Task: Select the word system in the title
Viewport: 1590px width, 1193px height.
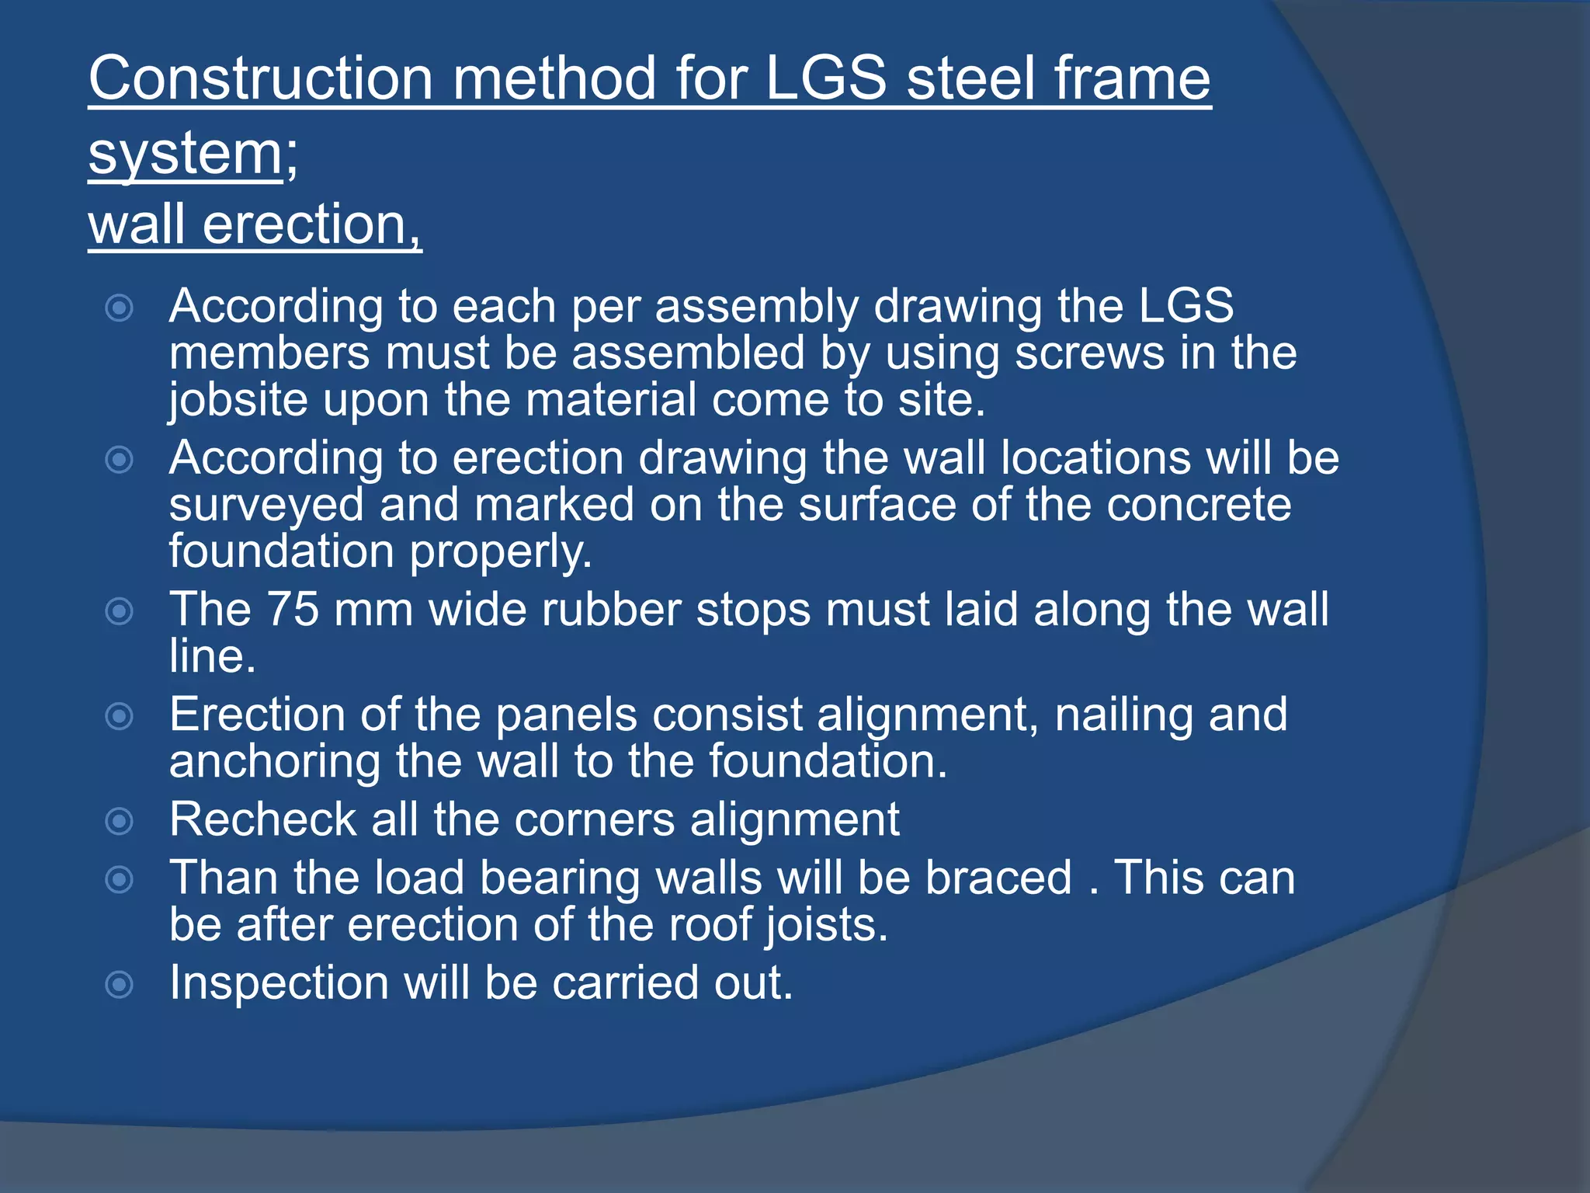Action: [186, 153]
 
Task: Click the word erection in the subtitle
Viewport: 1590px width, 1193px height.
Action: [305, 224]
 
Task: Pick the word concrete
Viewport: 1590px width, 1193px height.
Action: [1199, 505]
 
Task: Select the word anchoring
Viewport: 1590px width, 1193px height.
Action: [274, 761]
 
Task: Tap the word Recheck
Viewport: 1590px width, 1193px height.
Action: [262, 819]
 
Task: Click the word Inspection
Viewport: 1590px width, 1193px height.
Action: [279, 983]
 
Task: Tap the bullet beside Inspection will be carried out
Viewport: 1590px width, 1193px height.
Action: [120, 985]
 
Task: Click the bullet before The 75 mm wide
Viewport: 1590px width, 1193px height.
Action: [120, 611]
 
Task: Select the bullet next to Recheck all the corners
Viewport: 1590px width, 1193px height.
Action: [120, 821]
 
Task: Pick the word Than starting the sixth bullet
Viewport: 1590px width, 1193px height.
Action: [224, 878]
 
